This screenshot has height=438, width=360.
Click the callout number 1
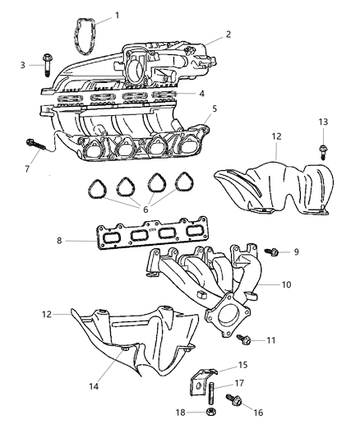pyautogui.click(x=116, y=15)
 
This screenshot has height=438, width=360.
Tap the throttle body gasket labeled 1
pyautogui.click(x=81, y=31)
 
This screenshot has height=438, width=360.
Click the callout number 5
pyautogui.click(x=215, y=108)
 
